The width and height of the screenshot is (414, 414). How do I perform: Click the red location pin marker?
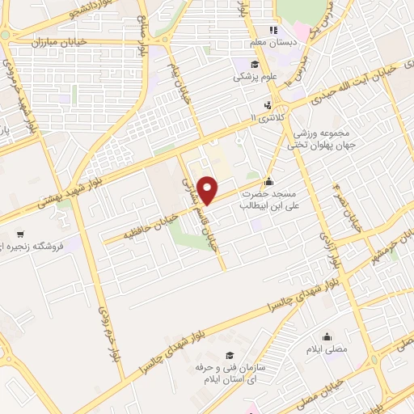209,189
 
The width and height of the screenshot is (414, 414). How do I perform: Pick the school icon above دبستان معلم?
274,31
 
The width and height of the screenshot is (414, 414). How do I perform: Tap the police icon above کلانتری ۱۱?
267,104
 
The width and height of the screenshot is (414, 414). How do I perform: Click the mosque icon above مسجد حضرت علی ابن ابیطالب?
269,181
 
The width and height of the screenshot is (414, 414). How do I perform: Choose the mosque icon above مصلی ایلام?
327,336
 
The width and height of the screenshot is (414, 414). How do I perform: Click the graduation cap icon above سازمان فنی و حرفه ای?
230,355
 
